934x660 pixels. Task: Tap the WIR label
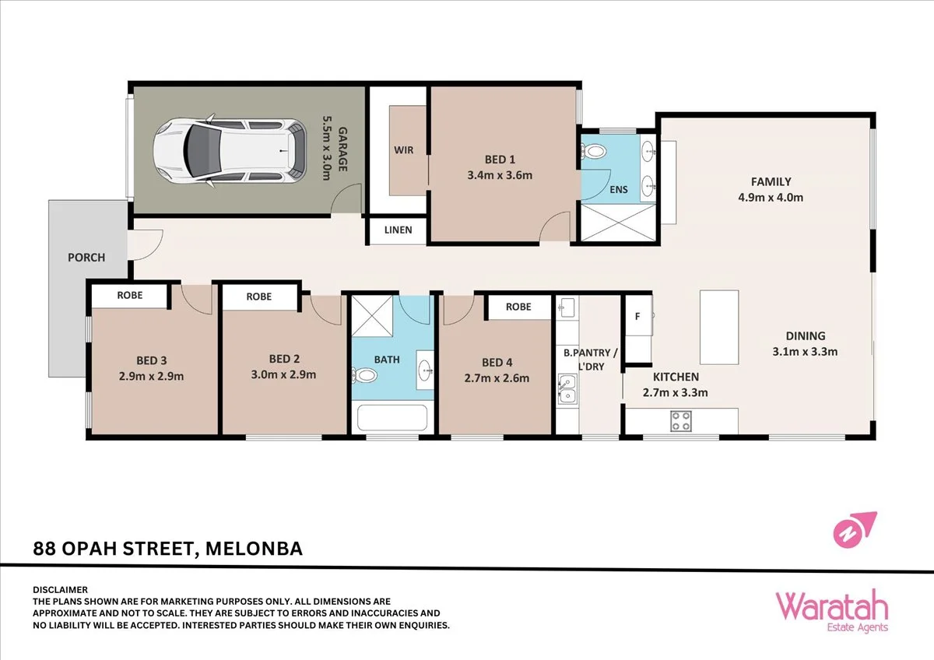pyautogui.click(x=402, y=150)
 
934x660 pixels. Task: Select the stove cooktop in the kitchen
pyautogui.click(x=682, y=420)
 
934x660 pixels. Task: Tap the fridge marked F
pyautogui.click(x=637, y=316)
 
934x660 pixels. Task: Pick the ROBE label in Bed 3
pyautogui.click(x=129, y=296)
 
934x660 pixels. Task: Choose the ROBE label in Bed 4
pyautogui.click(x=518, y=307)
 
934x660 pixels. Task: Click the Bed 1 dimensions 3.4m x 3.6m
pyautogui.click(x=500, y=175)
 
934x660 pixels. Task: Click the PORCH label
pyautogui.click(x=86, y=258)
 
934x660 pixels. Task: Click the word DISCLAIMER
pyautogui.click(x=61, y=590)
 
